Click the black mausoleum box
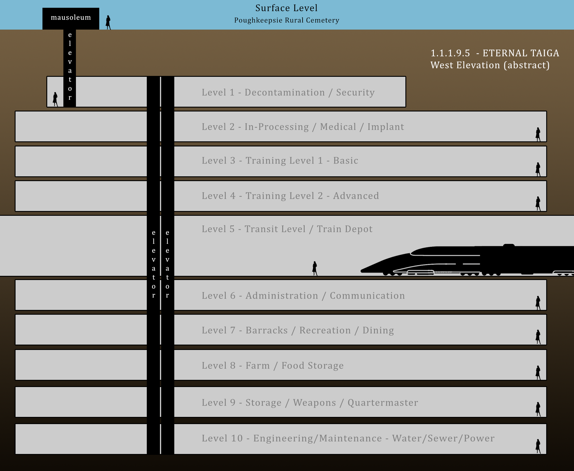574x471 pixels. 71,19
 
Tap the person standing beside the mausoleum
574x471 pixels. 108,22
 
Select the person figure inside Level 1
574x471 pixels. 55,99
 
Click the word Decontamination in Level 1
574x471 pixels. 285,92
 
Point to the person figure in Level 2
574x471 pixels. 538,134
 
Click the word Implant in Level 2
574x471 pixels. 386,127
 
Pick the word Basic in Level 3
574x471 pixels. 346,160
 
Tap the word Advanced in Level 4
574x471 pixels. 356,196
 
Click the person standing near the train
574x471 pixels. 315,268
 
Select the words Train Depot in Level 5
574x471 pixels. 345,229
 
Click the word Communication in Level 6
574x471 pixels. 367,296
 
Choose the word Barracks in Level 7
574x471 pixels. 267,330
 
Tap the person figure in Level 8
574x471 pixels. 538,372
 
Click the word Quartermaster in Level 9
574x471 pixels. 383,403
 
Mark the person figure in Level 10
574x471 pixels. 538,446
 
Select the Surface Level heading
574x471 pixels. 286,8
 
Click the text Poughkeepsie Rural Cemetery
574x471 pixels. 287,20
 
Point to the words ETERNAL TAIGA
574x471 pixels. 521,53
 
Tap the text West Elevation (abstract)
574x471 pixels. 490,65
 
